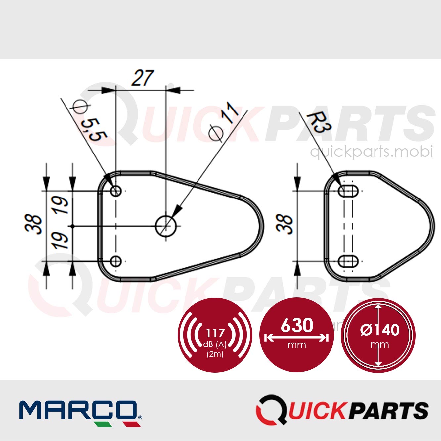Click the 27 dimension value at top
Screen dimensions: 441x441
point(143,78)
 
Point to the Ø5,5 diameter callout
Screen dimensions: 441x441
point(90,121)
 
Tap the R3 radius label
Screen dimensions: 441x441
point(319,122)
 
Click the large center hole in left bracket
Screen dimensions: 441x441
point(166,226)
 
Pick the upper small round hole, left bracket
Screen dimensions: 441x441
point(116,191)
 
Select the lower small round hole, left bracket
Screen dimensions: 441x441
point(116,261)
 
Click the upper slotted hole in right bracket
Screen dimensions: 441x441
point(348,191)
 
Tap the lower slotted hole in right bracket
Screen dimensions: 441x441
point(348,261)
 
